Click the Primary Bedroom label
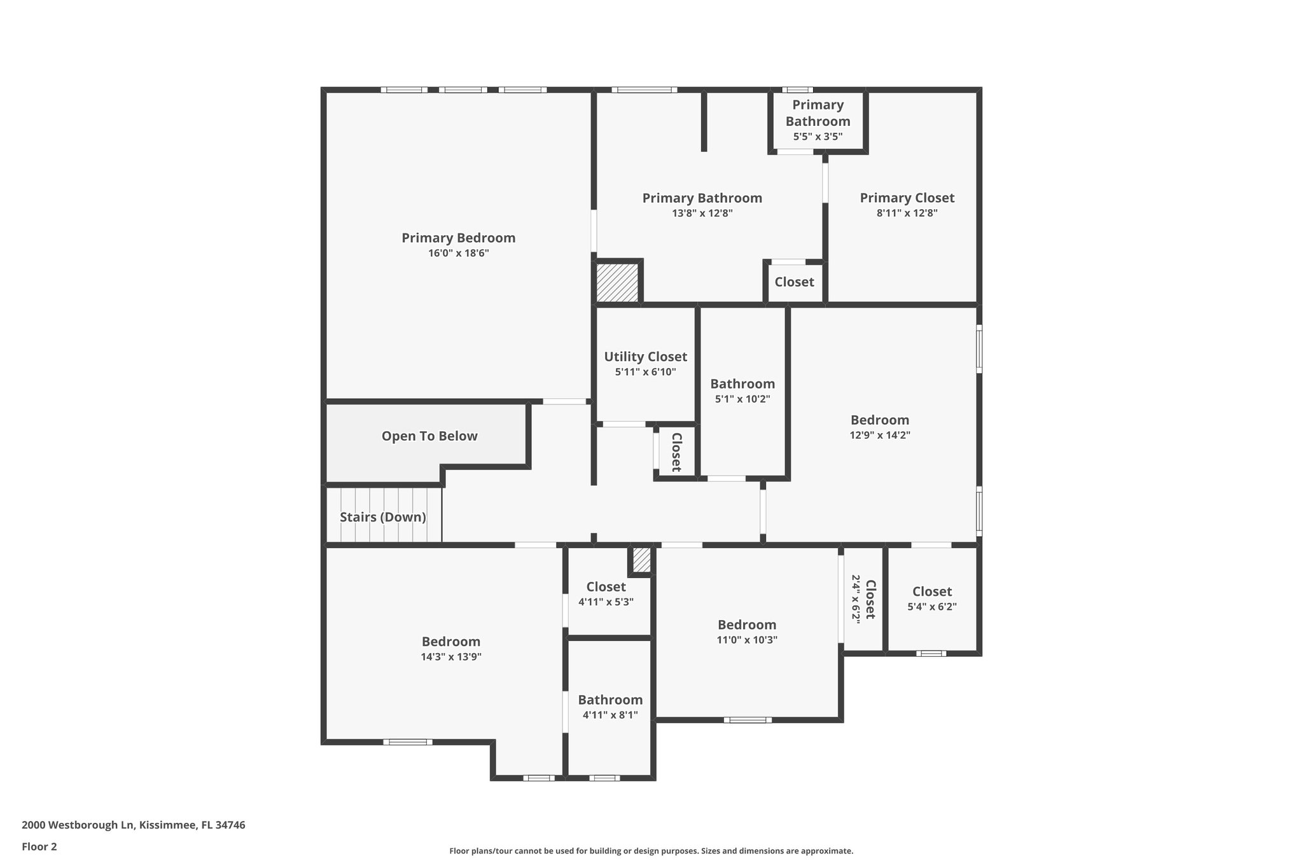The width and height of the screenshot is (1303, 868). point(458,238)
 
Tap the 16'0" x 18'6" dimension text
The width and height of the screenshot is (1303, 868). point(458,253)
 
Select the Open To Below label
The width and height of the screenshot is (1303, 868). point(429,436)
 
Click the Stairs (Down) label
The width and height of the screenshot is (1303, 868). point(383,517)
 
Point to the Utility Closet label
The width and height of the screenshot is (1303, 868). point(645,357)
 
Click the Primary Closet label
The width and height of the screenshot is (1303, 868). point(907,198)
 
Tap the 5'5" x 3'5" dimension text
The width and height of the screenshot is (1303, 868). point(818,137)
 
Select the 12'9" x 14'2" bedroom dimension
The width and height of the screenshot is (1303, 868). point(880,436)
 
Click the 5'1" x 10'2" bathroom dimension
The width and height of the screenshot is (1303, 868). point(742,399)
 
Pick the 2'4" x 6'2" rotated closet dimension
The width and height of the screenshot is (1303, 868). point(856,599)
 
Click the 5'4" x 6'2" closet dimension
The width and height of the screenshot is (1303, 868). point(931,607)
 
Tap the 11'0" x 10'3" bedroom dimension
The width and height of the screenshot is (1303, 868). point(747,640)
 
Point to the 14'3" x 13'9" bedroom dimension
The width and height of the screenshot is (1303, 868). point(451,657)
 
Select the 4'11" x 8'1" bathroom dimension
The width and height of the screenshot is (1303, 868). point(610,715)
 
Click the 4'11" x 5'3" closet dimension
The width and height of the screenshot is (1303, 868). point(606,602)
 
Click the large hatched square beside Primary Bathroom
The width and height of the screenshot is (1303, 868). point(617,283)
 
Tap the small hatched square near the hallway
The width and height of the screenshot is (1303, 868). point(641,560)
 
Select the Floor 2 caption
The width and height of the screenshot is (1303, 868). point(39,846)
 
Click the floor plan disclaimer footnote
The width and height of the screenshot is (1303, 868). point(651,851)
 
